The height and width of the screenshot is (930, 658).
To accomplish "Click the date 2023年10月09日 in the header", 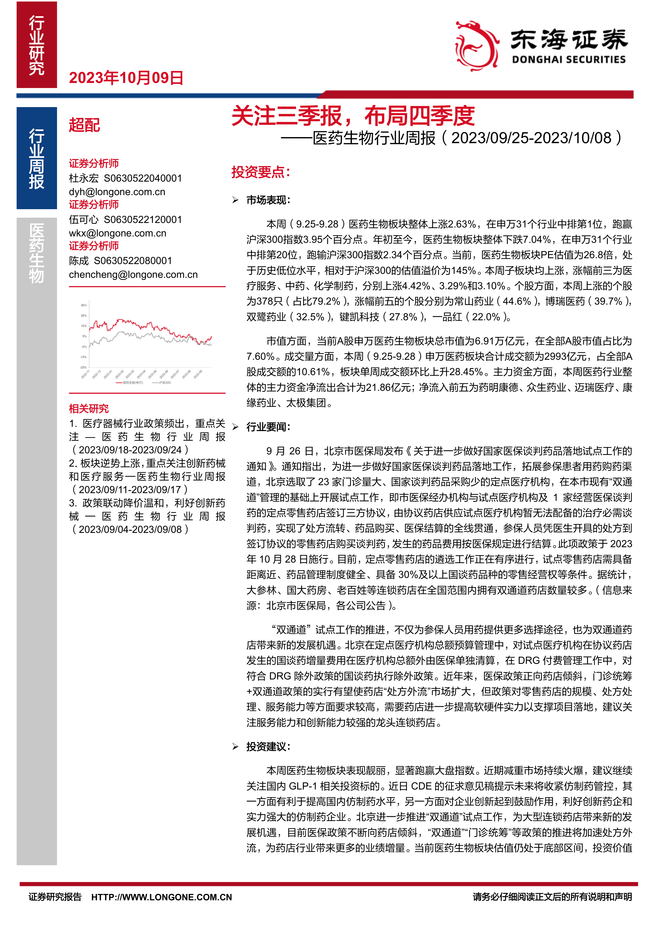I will [x=127, y=78].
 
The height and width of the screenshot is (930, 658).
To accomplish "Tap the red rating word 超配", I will [x=84, y=125].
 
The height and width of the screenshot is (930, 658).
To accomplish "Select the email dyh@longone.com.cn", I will [x=117, y=192].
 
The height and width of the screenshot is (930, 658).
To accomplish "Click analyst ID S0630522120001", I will [x=143, y=220].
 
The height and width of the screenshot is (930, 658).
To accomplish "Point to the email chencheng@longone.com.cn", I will [x=133, y=275].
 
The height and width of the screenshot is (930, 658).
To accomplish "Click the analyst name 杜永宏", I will [x=84, y=178].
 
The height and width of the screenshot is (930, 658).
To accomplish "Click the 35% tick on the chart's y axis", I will [x=84, y=305].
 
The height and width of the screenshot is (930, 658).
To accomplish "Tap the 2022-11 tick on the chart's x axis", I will [x=85, y=374].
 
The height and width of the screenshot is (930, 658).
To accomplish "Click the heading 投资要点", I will [x=260, y=172].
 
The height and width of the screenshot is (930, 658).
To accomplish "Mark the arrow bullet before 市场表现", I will [x=236, y=200].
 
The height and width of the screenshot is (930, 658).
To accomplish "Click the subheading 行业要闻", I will [x=268, y=427].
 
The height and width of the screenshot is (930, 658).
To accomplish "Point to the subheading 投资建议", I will [x=268, y=747].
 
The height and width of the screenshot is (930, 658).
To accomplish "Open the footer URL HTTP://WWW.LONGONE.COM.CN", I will [x=161, y=897].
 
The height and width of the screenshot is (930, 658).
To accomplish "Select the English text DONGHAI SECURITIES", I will [x=568, y=60].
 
